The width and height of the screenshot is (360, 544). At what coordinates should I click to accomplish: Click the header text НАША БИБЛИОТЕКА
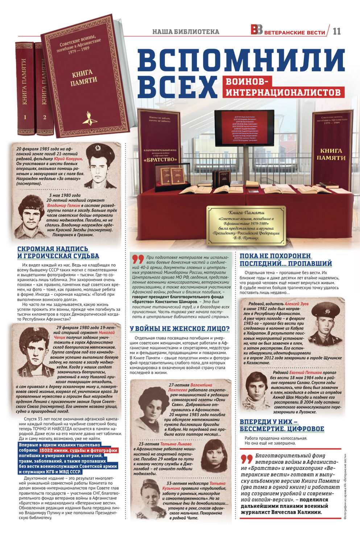186,32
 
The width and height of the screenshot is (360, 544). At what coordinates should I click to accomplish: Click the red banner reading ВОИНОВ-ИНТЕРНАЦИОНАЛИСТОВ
284,87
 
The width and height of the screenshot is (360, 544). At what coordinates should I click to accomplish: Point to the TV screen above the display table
244,128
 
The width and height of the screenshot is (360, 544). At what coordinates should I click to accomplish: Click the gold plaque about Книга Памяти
246,225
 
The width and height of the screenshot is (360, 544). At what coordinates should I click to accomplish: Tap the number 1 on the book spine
25,117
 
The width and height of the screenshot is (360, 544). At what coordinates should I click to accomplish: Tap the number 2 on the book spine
45,117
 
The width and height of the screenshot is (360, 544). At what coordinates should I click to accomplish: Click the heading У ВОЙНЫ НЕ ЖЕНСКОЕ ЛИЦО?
179,329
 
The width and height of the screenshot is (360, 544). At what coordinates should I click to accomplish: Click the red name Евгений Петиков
305,372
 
